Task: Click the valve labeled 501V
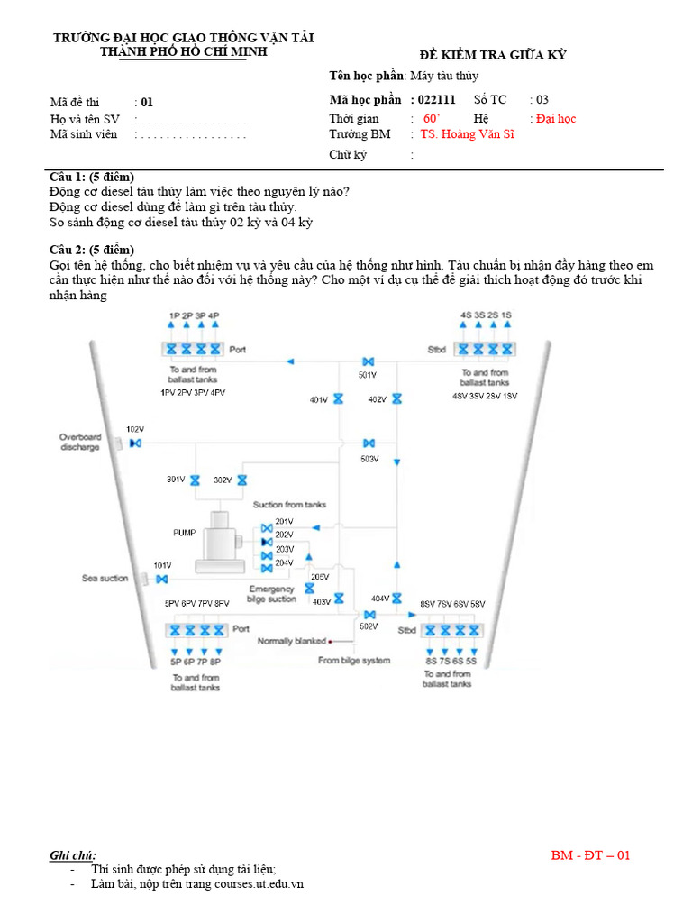click(368, 362)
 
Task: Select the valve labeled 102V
click(135, 443)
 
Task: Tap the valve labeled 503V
click(369, 443)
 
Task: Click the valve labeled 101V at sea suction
click(162, 579)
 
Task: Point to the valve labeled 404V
click(396, 598)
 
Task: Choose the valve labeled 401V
click(338, 399)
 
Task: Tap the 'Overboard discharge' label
click(80, 442)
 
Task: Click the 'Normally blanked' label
click(291, 641)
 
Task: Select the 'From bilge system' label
click(354, 661)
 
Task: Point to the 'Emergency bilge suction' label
click(271, 594)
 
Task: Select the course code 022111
click(437, 100)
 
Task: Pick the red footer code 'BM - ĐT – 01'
click(590, 854)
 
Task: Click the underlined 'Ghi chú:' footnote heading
click(73, 854)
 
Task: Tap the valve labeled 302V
click(241, 480)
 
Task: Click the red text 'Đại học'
click(555, 118)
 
